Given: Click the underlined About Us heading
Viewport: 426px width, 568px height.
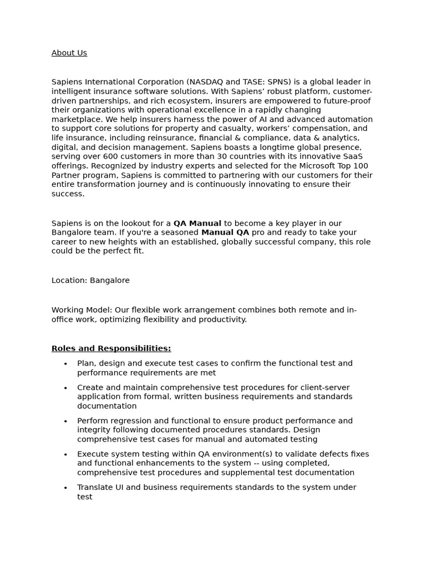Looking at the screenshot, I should [x=69, y=53].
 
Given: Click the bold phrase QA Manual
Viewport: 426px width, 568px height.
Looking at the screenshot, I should [x=197, y=223].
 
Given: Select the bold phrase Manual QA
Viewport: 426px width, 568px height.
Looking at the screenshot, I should [x=225, y=232].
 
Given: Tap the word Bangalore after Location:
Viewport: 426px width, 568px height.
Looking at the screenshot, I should [x=110, y=280].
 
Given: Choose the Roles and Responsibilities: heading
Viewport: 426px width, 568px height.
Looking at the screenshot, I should [x=111, y=348].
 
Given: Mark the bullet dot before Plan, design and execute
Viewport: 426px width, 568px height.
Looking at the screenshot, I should [x=65, y=364].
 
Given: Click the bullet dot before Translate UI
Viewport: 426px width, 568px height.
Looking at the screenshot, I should [x=65, y=488].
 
